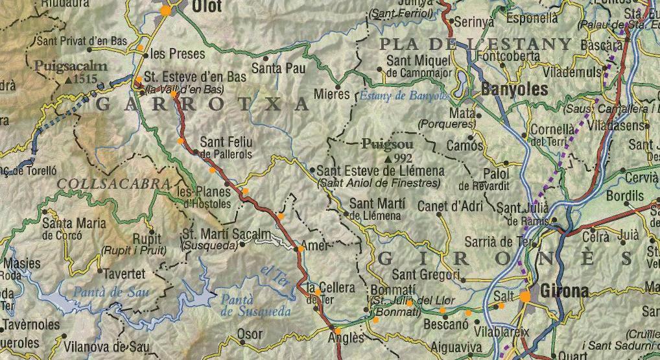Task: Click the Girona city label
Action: (x=564, y=292)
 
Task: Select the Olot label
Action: (x=206, y=7)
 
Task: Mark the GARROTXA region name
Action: (x=202, y=104)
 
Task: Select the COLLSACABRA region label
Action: (x=108, y=184)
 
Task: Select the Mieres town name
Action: (x=331, y=95)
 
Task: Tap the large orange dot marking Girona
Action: (x=525, y=296)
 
